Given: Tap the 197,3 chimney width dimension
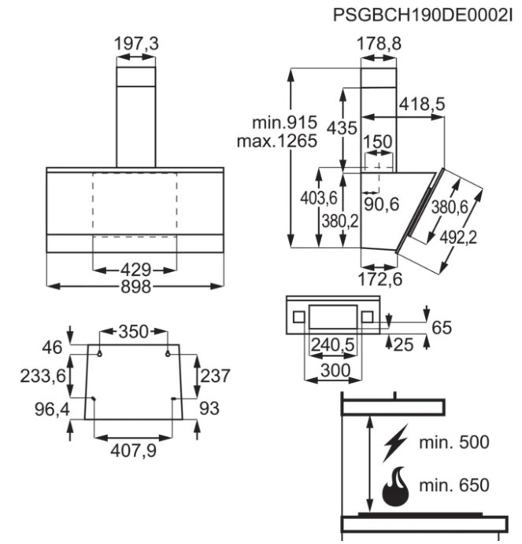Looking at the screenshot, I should pos(136,44).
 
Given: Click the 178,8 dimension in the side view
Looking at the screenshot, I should pos(379,44).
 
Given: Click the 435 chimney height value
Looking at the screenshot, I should pos(343,128).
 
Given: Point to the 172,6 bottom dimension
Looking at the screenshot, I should pos(379,278).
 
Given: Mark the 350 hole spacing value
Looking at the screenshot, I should pos(134,331).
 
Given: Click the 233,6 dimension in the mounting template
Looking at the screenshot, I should pos(42,376).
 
